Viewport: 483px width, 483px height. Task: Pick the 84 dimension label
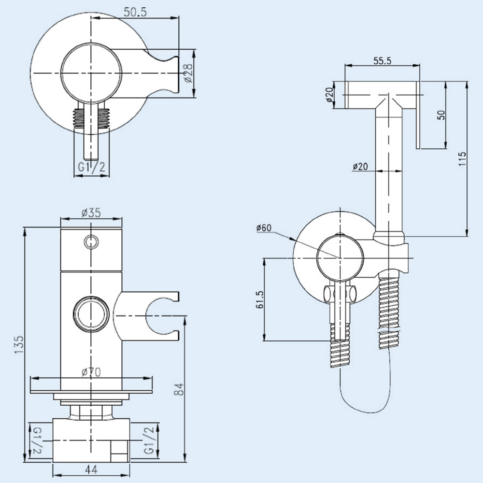(x=179, y=389)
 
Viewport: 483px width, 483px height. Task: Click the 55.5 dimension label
(x=382, y=60)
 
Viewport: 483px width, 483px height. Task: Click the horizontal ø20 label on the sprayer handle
(x=360, y=167)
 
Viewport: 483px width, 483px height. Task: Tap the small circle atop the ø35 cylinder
(x=90, y=241)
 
